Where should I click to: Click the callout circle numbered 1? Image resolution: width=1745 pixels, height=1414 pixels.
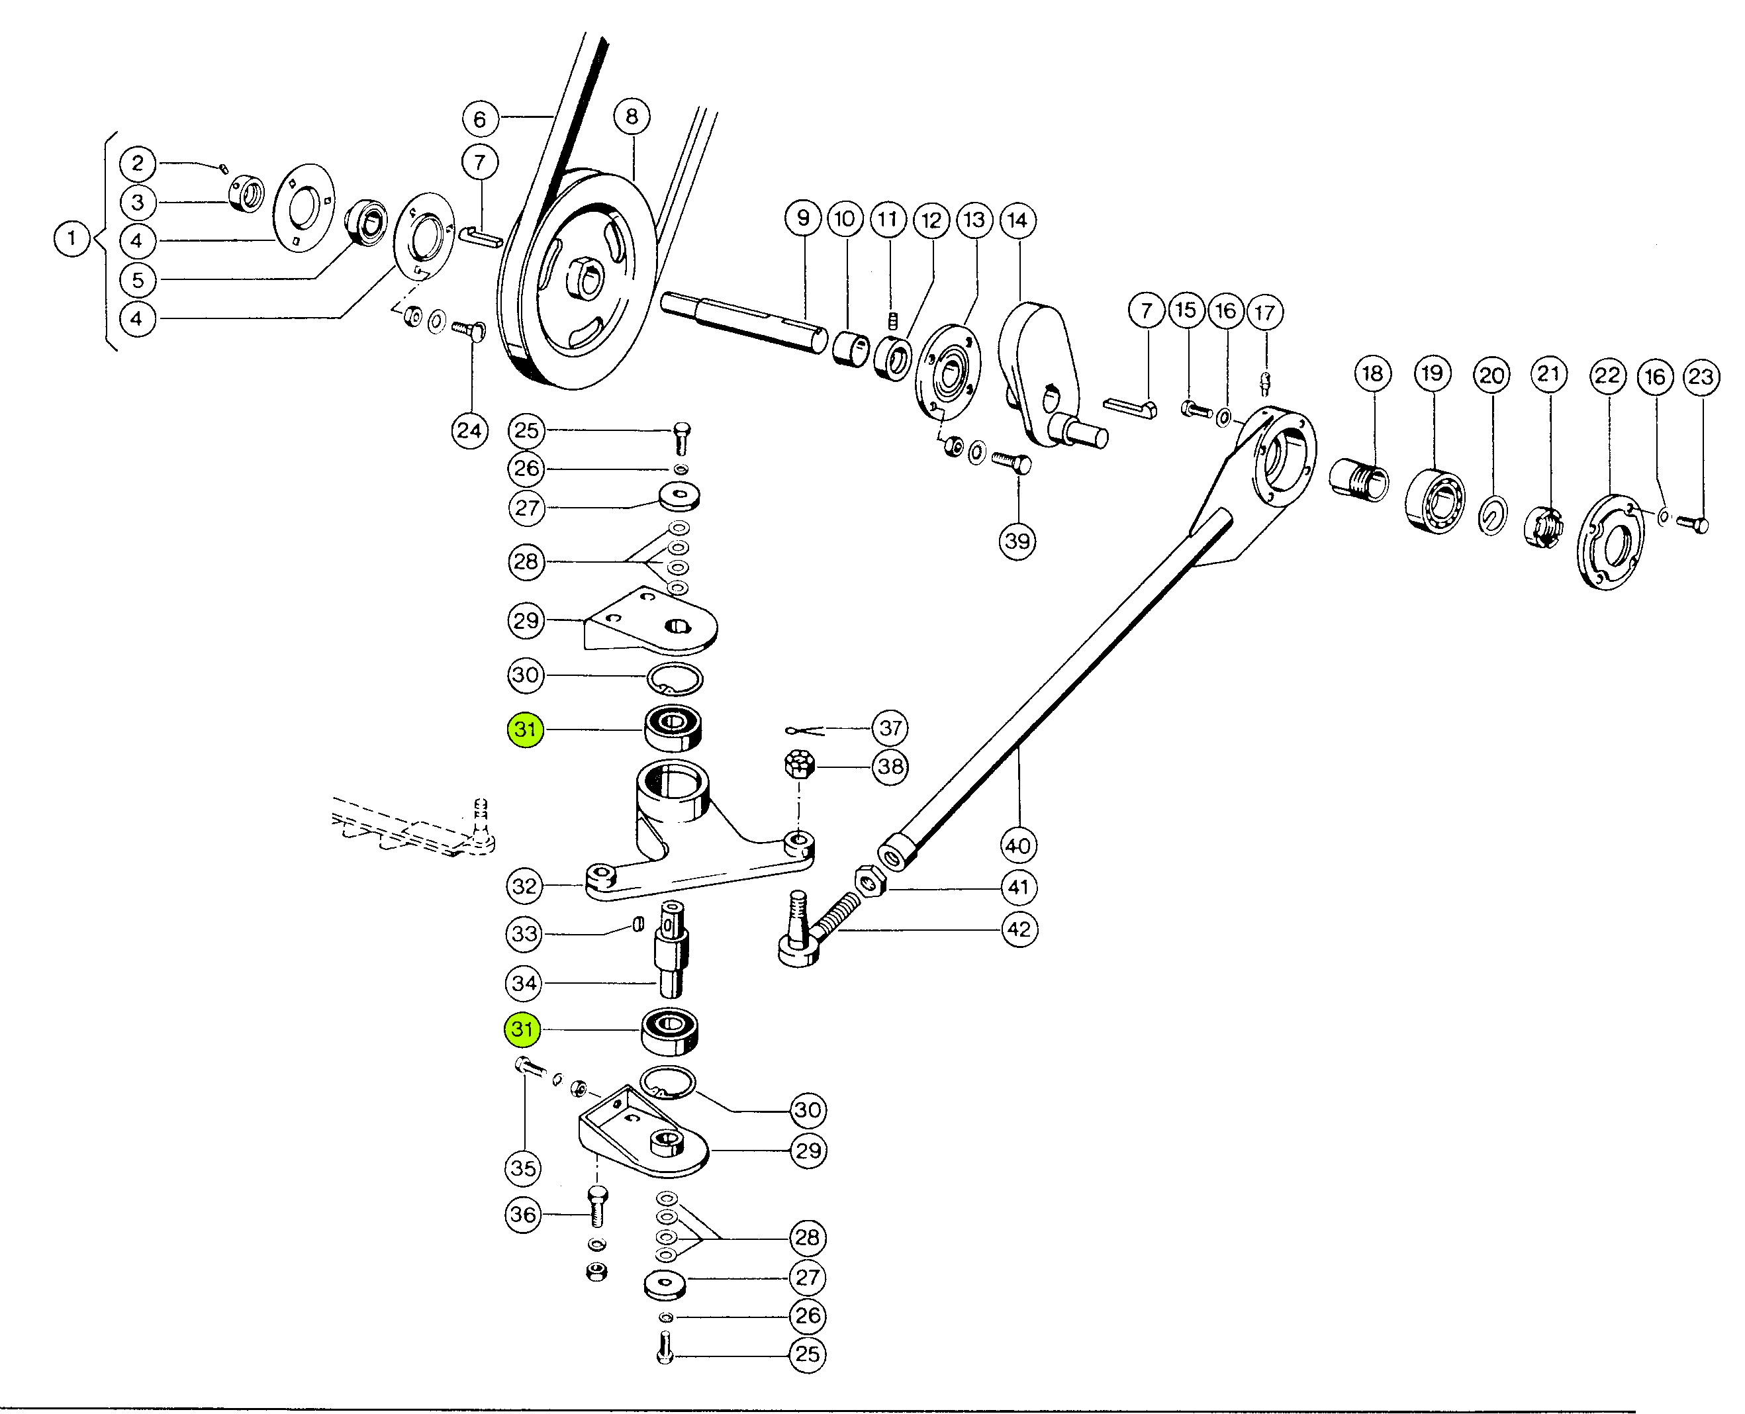coord(71,240)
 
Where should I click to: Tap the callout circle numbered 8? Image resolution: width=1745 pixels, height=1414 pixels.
coord(632,117)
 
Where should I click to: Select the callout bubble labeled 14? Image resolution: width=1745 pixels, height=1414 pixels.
coord(1017,220)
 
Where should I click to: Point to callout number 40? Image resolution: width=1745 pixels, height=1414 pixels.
coord(1018,845)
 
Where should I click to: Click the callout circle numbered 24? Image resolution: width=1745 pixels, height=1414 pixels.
coord(469,430)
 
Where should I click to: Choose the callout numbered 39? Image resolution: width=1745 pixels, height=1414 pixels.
coord(1017,541)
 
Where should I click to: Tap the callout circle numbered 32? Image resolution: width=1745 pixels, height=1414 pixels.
coord(525,885)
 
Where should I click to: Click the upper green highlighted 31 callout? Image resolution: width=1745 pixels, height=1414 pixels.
coord(526,729)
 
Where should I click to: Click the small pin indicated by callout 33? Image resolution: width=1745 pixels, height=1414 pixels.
coord(639,923)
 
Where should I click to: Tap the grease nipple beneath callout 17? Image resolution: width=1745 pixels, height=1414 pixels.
coord(1265,382)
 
